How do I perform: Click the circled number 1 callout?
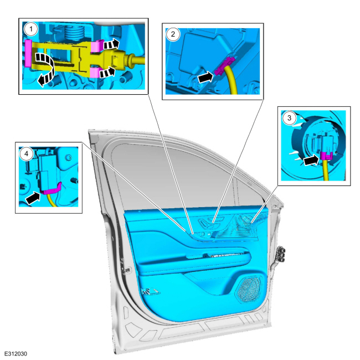coord(31,29)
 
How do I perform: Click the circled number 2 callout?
coord(173,34)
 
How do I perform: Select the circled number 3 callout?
coord(289,118)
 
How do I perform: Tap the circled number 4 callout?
coord(26,153)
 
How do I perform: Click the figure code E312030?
coord(16,353)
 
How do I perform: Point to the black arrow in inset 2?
coord(205,77)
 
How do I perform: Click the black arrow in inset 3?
coord(311,160)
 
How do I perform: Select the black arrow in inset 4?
coord(33,198)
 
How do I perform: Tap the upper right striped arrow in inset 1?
coord(111,44)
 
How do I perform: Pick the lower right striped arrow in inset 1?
coord(107,72)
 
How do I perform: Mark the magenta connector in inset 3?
coord(326,156)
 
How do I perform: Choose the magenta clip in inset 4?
coord(51,189)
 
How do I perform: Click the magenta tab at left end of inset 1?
coord(28,53)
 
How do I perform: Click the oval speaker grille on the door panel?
coord(249,289)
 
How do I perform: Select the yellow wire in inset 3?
coord(326,170)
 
